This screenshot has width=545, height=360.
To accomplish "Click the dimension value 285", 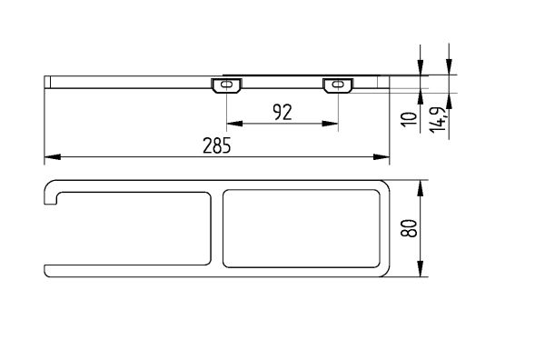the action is click(x=216, y=145).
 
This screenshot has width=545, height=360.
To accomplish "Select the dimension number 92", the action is click(x=282, y=112).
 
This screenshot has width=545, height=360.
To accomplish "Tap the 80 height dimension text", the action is click(x=409, y=228).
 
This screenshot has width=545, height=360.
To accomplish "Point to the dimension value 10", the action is click(x=409, y=120).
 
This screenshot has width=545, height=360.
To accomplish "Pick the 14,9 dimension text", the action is click(x=438, y=119).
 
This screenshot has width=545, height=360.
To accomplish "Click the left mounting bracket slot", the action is click(x=226, y=85).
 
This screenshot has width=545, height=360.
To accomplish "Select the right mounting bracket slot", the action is click(x=338, y=85).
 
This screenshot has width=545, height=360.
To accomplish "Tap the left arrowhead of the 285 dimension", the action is click(x=53, y=157).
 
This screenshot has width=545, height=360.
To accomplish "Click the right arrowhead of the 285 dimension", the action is click(x=381, y=157).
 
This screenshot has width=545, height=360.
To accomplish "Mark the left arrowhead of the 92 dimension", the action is click(x=234, y=124).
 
